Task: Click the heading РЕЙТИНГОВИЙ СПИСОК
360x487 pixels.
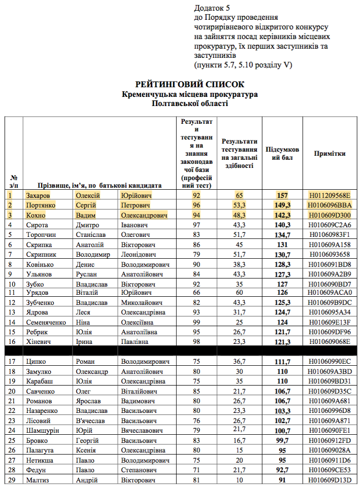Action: (x=189, y=84)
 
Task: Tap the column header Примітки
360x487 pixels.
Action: (x=330, y=153)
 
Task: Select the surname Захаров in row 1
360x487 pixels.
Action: (x=38, y=195)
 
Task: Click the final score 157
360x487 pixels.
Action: (x=282, y=195)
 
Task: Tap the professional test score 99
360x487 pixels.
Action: (x=197, y=322)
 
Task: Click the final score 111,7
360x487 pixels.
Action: (x=282, y=361)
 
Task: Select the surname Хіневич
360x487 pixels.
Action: (x=39, y=341)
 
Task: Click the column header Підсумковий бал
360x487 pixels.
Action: (x=282, y=153)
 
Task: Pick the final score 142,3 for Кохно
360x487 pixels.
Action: (x=282, y=215)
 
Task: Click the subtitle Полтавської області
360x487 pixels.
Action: (x=189, y=103)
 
